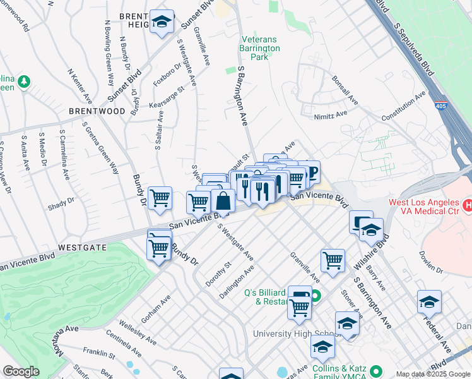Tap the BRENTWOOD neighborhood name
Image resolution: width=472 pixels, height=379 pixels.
[x=98, y=111]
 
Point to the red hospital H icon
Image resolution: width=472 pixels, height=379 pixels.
[x=468, y=205]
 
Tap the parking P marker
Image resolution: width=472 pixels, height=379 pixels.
[x=311, y=172]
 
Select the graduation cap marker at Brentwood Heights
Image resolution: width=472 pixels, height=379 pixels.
[x=162, y=22]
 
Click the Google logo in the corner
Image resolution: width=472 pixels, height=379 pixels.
[x=21, y=371]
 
